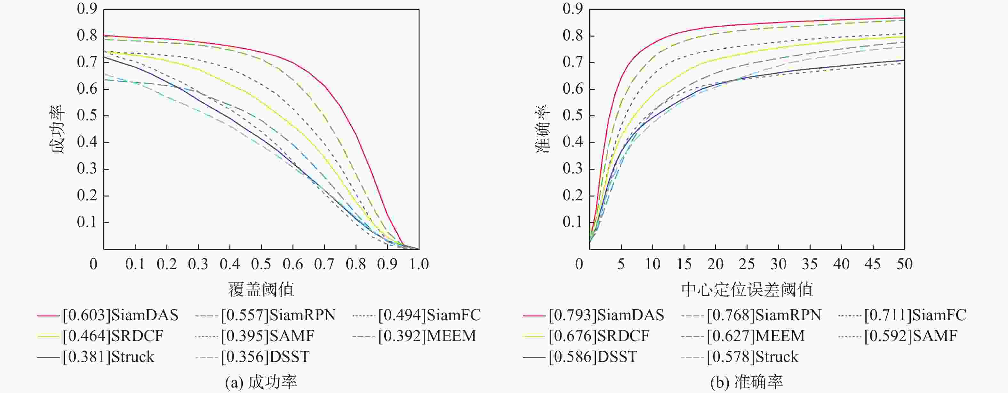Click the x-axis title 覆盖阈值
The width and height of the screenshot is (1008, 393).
click(x=261, y=289)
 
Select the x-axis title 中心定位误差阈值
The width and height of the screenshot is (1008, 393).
click(x=747, y=289)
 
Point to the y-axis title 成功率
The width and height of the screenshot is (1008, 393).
click(x=57, y=129)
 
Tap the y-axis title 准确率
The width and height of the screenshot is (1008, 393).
click(x=543, y=129)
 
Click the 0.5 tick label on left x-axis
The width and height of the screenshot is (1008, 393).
click(x=261, y=264)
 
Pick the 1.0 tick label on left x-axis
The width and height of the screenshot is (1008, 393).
click(x=419, y=264)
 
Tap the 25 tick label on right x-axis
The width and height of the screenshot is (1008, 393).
click(x=747, y=264)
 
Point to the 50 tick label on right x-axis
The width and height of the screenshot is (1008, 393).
click(x=904, y=264)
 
